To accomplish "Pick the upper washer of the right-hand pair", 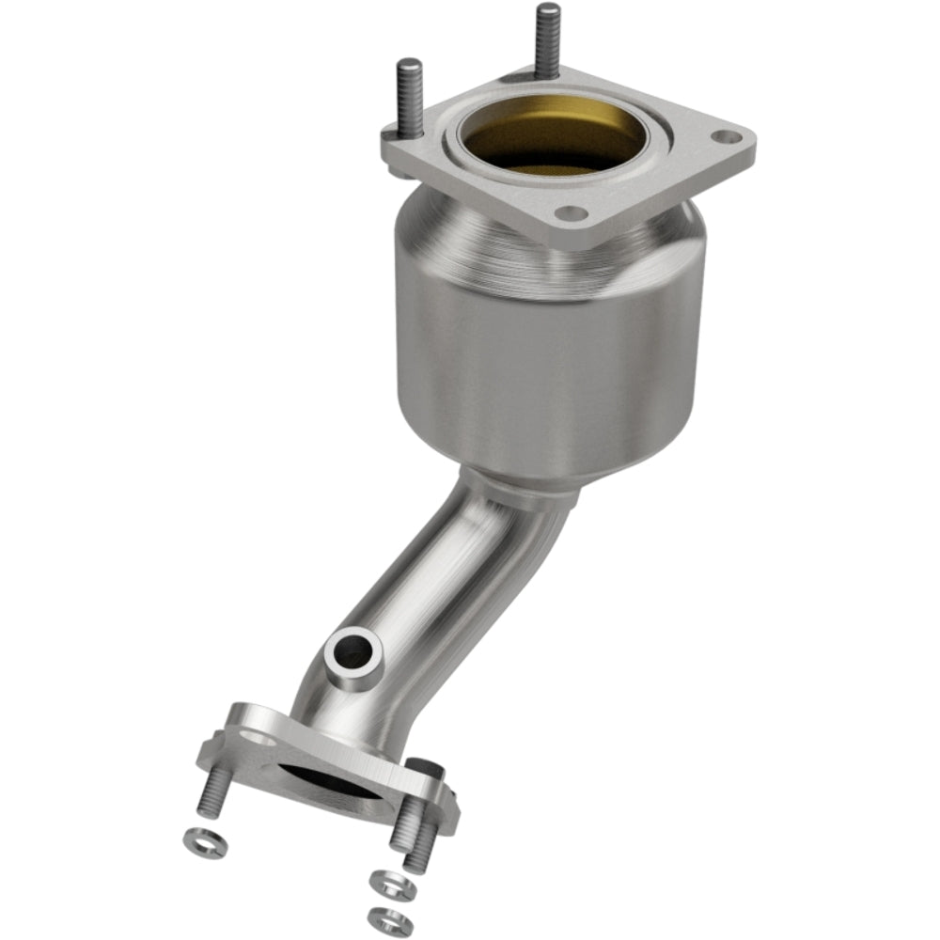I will click(387, 883).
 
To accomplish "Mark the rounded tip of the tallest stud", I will click(547, 11).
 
